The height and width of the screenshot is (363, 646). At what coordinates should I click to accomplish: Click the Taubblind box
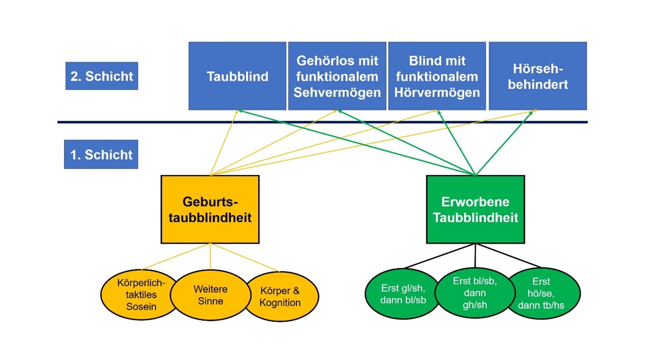(x=237, y=76)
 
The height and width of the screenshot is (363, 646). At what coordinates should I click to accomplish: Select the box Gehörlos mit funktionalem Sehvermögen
(x=337, y=76)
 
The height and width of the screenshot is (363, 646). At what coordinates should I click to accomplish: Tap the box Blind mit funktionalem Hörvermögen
(x=437, y=76)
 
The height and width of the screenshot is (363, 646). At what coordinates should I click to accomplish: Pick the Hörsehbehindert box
(x=537, y=76)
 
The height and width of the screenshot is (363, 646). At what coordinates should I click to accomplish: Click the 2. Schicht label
(x=101, y=76)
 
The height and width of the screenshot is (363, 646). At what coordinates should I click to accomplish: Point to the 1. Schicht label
(x=101, y=154)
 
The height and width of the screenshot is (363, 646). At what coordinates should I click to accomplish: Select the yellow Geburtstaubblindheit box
(x=210, y=210)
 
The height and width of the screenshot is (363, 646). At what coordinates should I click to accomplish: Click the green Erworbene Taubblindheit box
(x=475, y=210)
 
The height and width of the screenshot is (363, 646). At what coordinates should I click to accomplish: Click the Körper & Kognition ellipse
(x=281, y=297)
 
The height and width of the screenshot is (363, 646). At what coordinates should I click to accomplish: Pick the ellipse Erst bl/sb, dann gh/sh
(x=474, y=293)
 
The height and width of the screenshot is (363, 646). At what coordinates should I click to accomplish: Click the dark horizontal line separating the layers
(x=323, y=122)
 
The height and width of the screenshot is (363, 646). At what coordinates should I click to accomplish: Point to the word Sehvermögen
(x=337, y=92)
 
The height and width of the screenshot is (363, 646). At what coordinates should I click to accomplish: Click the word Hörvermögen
(x=437, y=92)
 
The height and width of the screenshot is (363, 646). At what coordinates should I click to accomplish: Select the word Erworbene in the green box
(x=475, y=202)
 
